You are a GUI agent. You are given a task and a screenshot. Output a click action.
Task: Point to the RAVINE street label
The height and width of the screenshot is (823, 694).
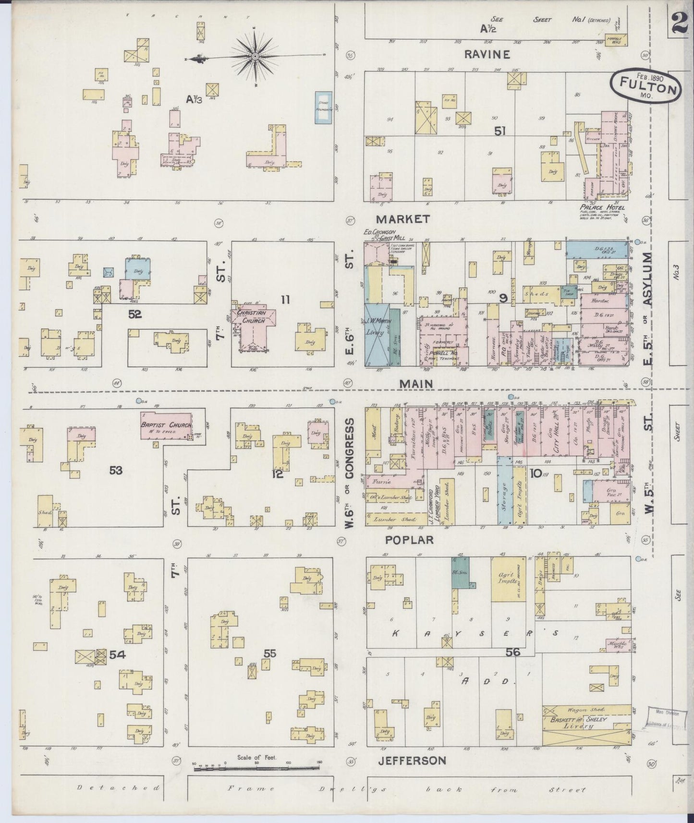click(487, 54)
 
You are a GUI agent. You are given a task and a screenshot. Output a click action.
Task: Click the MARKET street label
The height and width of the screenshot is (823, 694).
click(402, 219)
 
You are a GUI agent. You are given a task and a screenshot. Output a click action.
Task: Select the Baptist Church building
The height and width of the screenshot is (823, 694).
click(166, 425)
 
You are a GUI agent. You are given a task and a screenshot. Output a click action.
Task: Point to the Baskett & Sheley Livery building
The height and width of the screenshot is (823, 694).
click(585, 726)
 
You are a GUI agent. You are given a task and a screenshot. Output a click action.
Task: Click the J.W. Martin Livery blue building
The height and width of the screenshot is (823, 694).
click(377, 334)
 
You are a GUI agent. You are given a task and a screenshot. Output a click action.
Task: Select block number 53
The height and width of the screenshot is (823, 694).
click(116, 471)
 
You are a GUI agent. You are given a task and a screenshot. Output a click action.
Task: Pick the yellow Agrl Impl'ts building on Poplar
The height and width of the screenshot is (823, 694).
click(508, 579)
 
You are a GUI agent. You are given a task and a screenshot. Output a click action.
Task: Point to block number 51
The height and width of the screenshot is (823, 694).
click(500, 130)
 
